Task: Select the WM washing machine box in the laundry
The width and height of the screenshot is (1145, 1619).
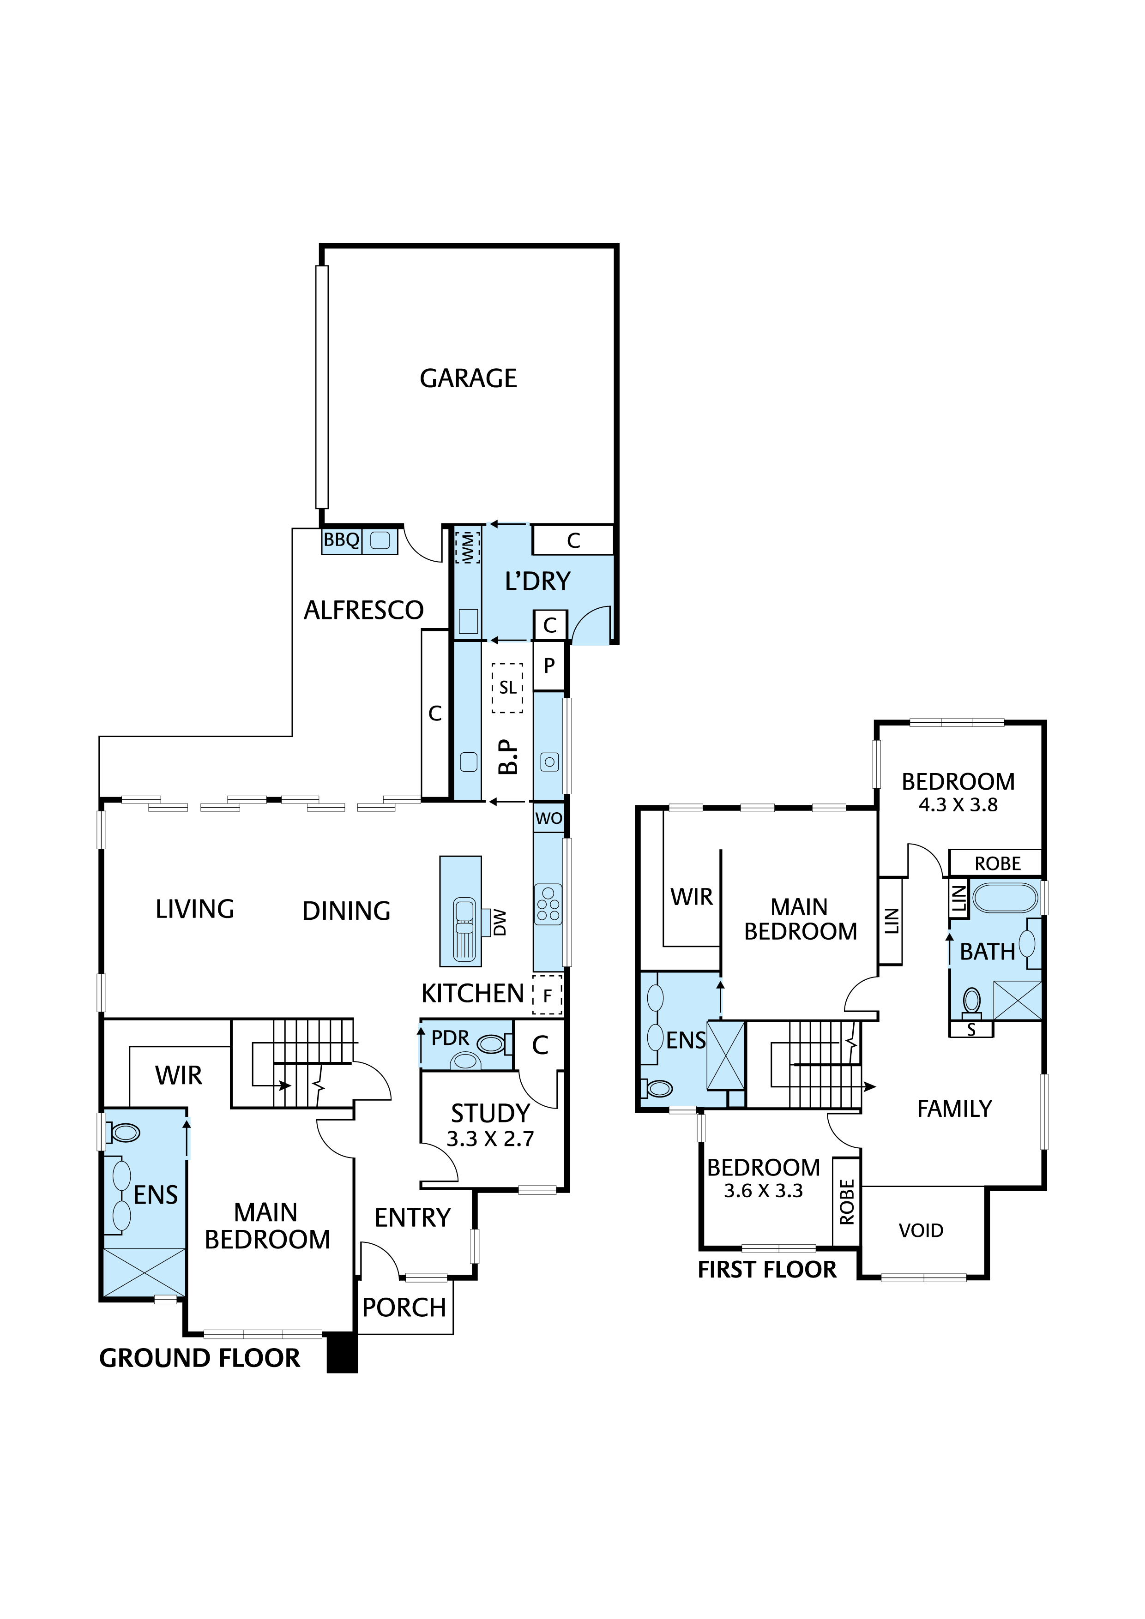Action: (466, 547)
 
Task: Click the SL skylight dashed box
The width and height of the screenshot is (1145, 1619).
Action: (507, 688)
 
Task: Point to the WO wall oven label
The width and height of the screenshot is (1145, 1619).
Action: (548, 819)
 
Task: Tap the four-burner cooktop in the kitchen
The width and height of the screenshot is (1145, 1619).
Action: (548, 905)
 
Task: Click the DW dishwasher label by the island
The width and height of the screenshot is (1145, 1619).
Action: (500, 922)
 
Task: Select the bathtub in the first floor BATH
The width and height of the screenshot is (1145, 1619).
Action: (1005, 899)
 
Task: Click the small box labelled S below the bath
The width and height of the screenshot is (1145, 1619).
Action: (971, 1030)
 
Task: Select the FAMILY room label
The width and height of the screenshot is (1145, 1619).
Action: (954, 1109)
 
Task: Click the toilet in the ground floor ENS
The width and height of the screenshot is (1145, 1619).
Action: (124, 1133)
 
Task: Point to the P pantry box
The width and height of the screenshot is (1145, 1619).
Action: (549, 666)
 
